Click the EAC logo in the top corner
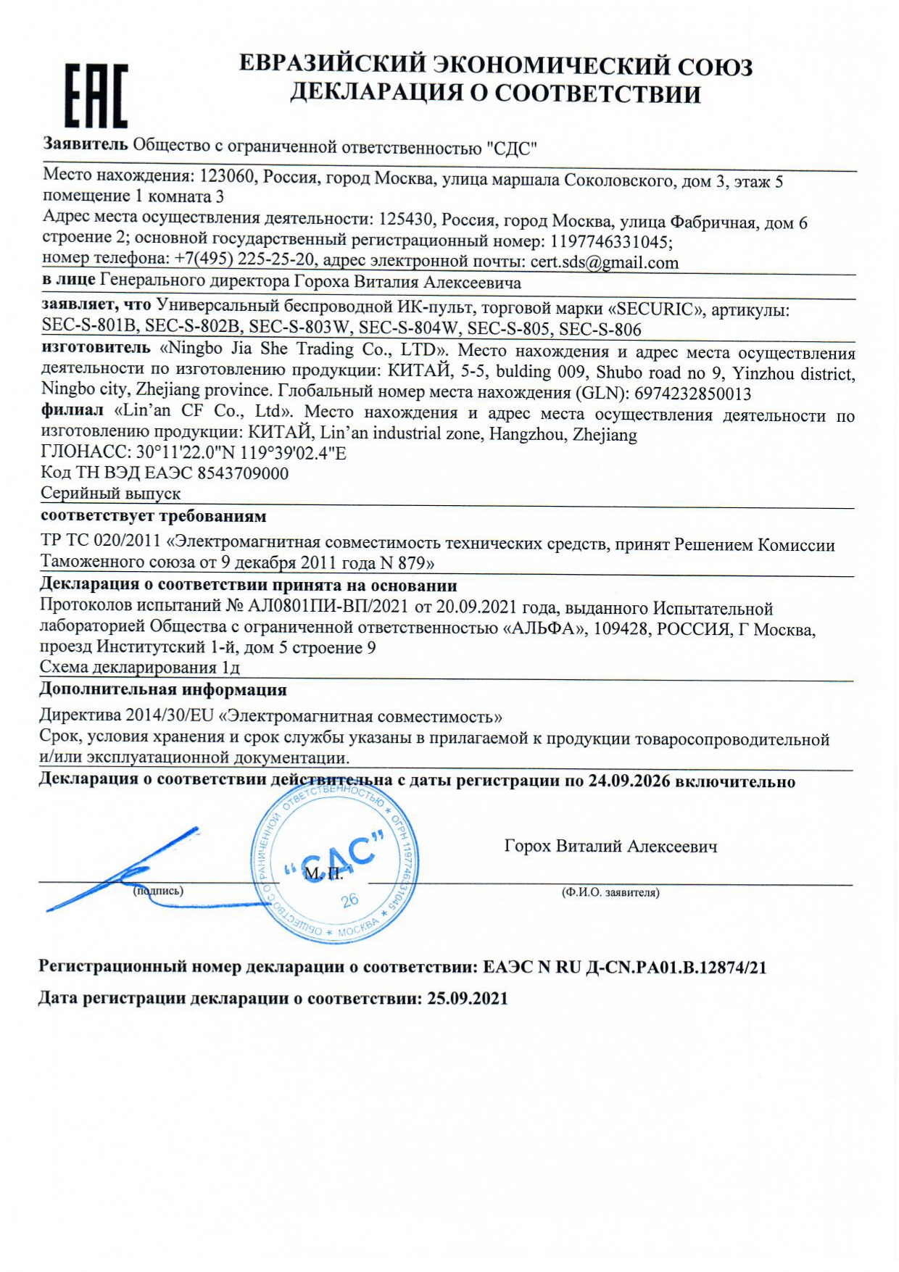(x=96, y=96)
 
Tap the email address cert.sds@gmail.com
(x=604, y=262)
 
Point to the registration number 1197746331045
(x=610, y=241)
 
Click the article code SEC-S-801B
(x=89, y=327)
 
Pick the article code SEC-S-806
(x=600, y=330)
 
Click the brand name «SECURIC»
(x=655, y=309)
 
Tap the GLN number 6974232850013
(x=692, y=394)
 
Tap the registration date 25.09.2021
(x=467, y=998)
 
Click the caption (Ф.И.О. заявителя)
(x=610, y=893)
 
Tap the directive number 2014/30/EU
(x=170, y=715)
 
